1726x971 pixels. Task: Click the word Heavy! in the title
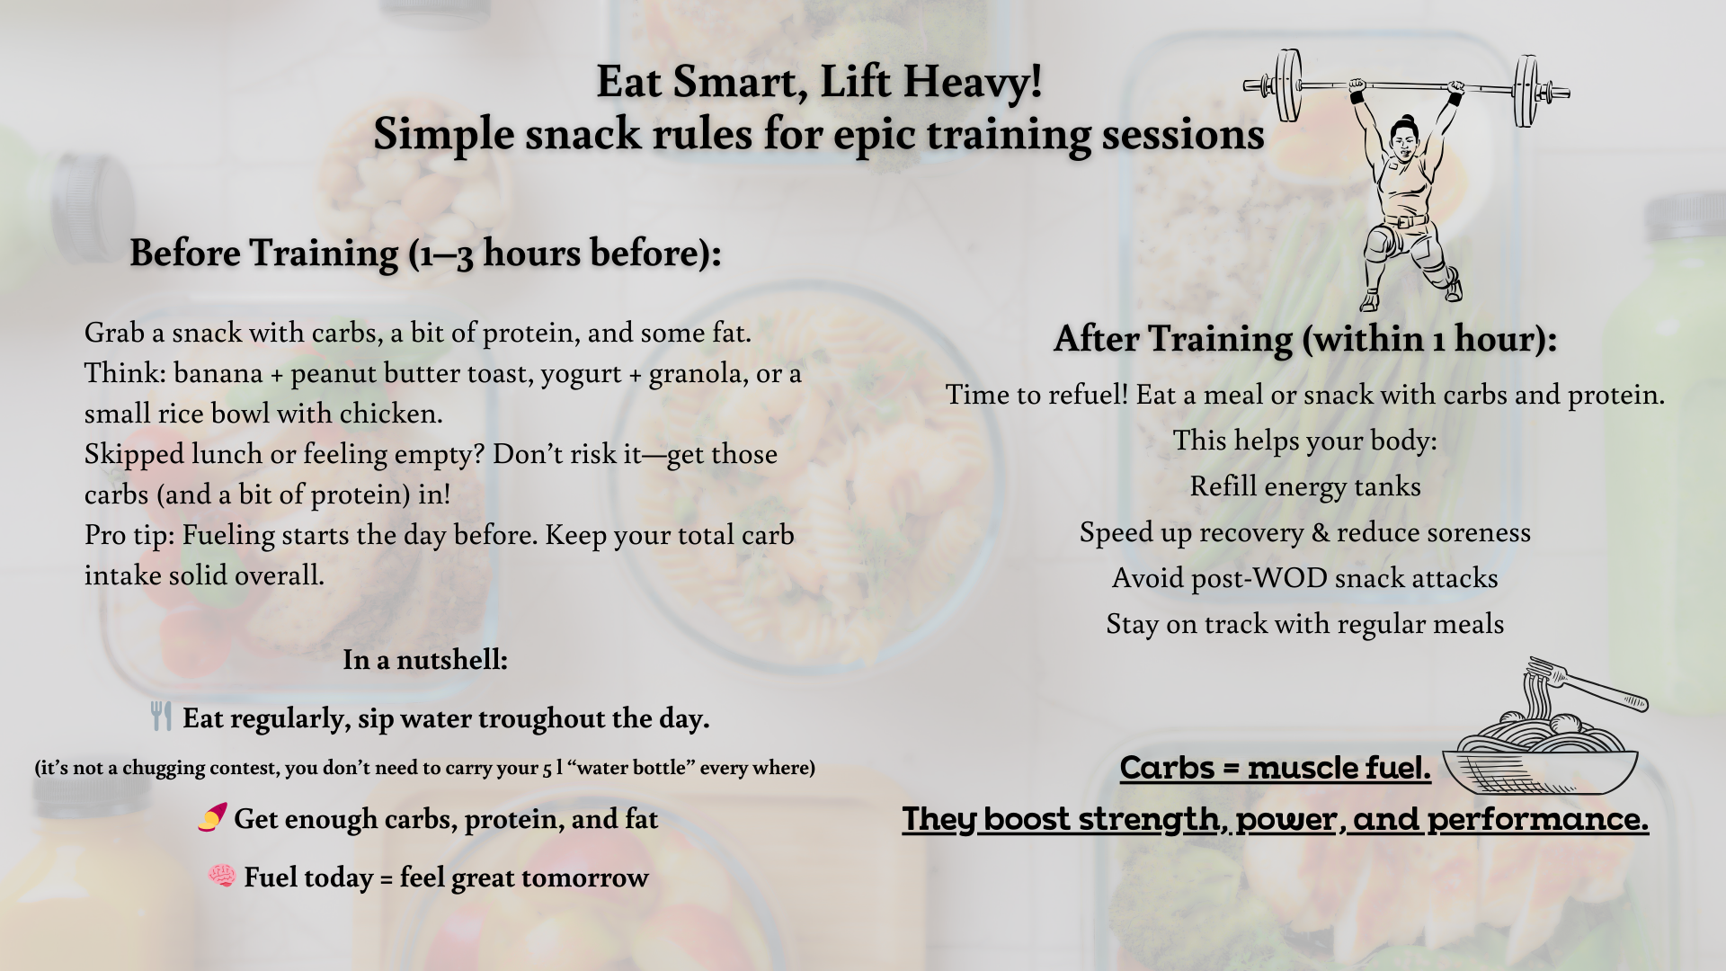click(x=973, y=83)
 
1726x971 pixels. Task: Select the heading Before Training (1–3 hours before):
click(x=425, y=254)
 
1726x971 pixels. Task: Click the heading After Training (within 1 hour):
click(x=1305, y=340)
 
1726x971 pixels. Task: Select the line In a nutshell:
click(x=425, y=660)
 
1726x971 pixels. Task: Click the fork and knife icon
click(x=161, y=717)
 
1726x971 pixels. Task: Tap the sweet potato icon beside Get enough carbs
click(x=212, y=818)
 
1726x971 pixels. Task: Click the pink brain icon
click(x=221, y=876)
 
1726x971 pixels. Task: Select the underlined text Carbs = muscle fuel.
click(x=1275, y=768)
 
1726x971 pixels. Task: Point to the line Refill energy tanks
click(x=1305, y=487)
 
